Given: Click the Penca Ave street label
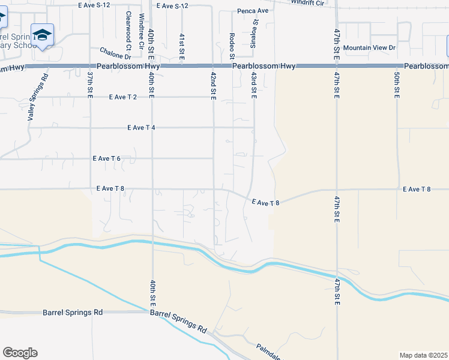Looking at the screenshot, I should pyautogui.click(x=253, y=11).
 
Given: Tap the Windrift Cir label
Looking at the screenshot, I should pyautogui.click(x=307, y=2).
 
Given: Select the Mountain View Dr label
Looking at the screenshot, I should pyautogui.click(x=373, y=47).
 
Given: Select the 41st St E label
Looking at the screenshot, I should pyautogui.click(x=181, y=45).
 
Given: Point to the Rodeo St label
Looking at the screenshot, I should pyautogui.click(x=232, y=46).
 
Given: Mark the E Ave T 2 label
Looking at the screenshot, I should pyautogui.click(x=124, y=97).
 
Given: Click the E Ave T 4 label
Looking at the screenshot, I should pyautogui.click(x=142, y=128).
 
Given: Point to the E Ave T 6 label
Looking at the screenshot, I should pyautogui.click(x=107, y=158).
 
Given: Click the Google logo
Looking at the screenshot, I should pyautogui.click(x=20, y=353).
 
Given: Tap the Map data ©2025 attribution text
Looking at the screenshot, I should pyautogui.click(x=423, y=355).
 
